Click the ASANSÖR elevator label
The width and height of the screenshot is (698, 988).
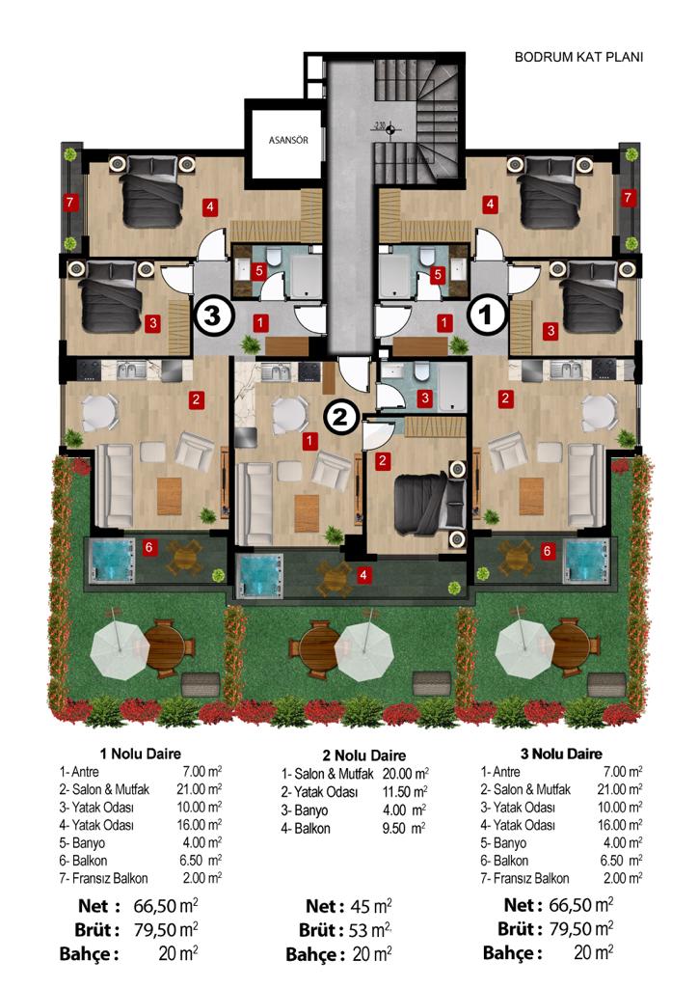pyautogui.click(x=288, y=140)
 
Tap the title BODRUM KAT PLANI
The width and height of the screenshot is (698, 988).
pyautogui.click(x=578, y=57)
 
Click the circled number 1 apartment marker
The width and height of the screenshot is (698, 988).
pyautogui.click(x=487, y=315)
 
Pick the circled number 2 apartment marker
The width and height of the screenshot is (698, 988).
pyautogui.click(x=340, y=416)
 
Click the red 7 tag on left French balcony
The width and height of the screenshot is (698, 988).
pyautogui.click(x=69, y=203)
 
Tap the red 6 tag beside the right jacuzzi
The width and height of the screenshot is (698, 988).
pyautogui.click(x=547, y=551)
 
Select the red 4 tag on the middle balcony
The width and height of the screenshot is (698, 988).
pyautogui.click(x=363, y=575)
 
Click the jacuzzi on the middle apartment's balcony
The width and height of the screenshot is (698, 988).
pyautogui.click(x=261, y=576)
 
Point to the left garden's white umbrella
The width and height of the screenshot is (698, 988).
pyautogui.click(x=120, y=650)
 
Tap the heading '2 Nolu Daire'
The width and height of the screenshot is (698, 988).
pyautogui.click(x=363, y=755)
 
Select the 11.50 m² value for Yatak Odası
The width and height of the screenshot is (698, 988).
pyautogui.click(x=405, y=792)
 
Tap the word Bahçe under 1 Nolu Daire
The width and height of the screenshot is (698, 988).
pyautogui.click(x=88, y=954)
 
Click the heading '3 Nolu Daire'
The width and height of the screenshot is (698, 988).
pyautogui.click(x=561, y=755)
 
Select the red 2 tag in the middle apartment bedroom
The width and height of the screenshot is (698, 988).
pyautogui.click(x=382, y=460)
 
